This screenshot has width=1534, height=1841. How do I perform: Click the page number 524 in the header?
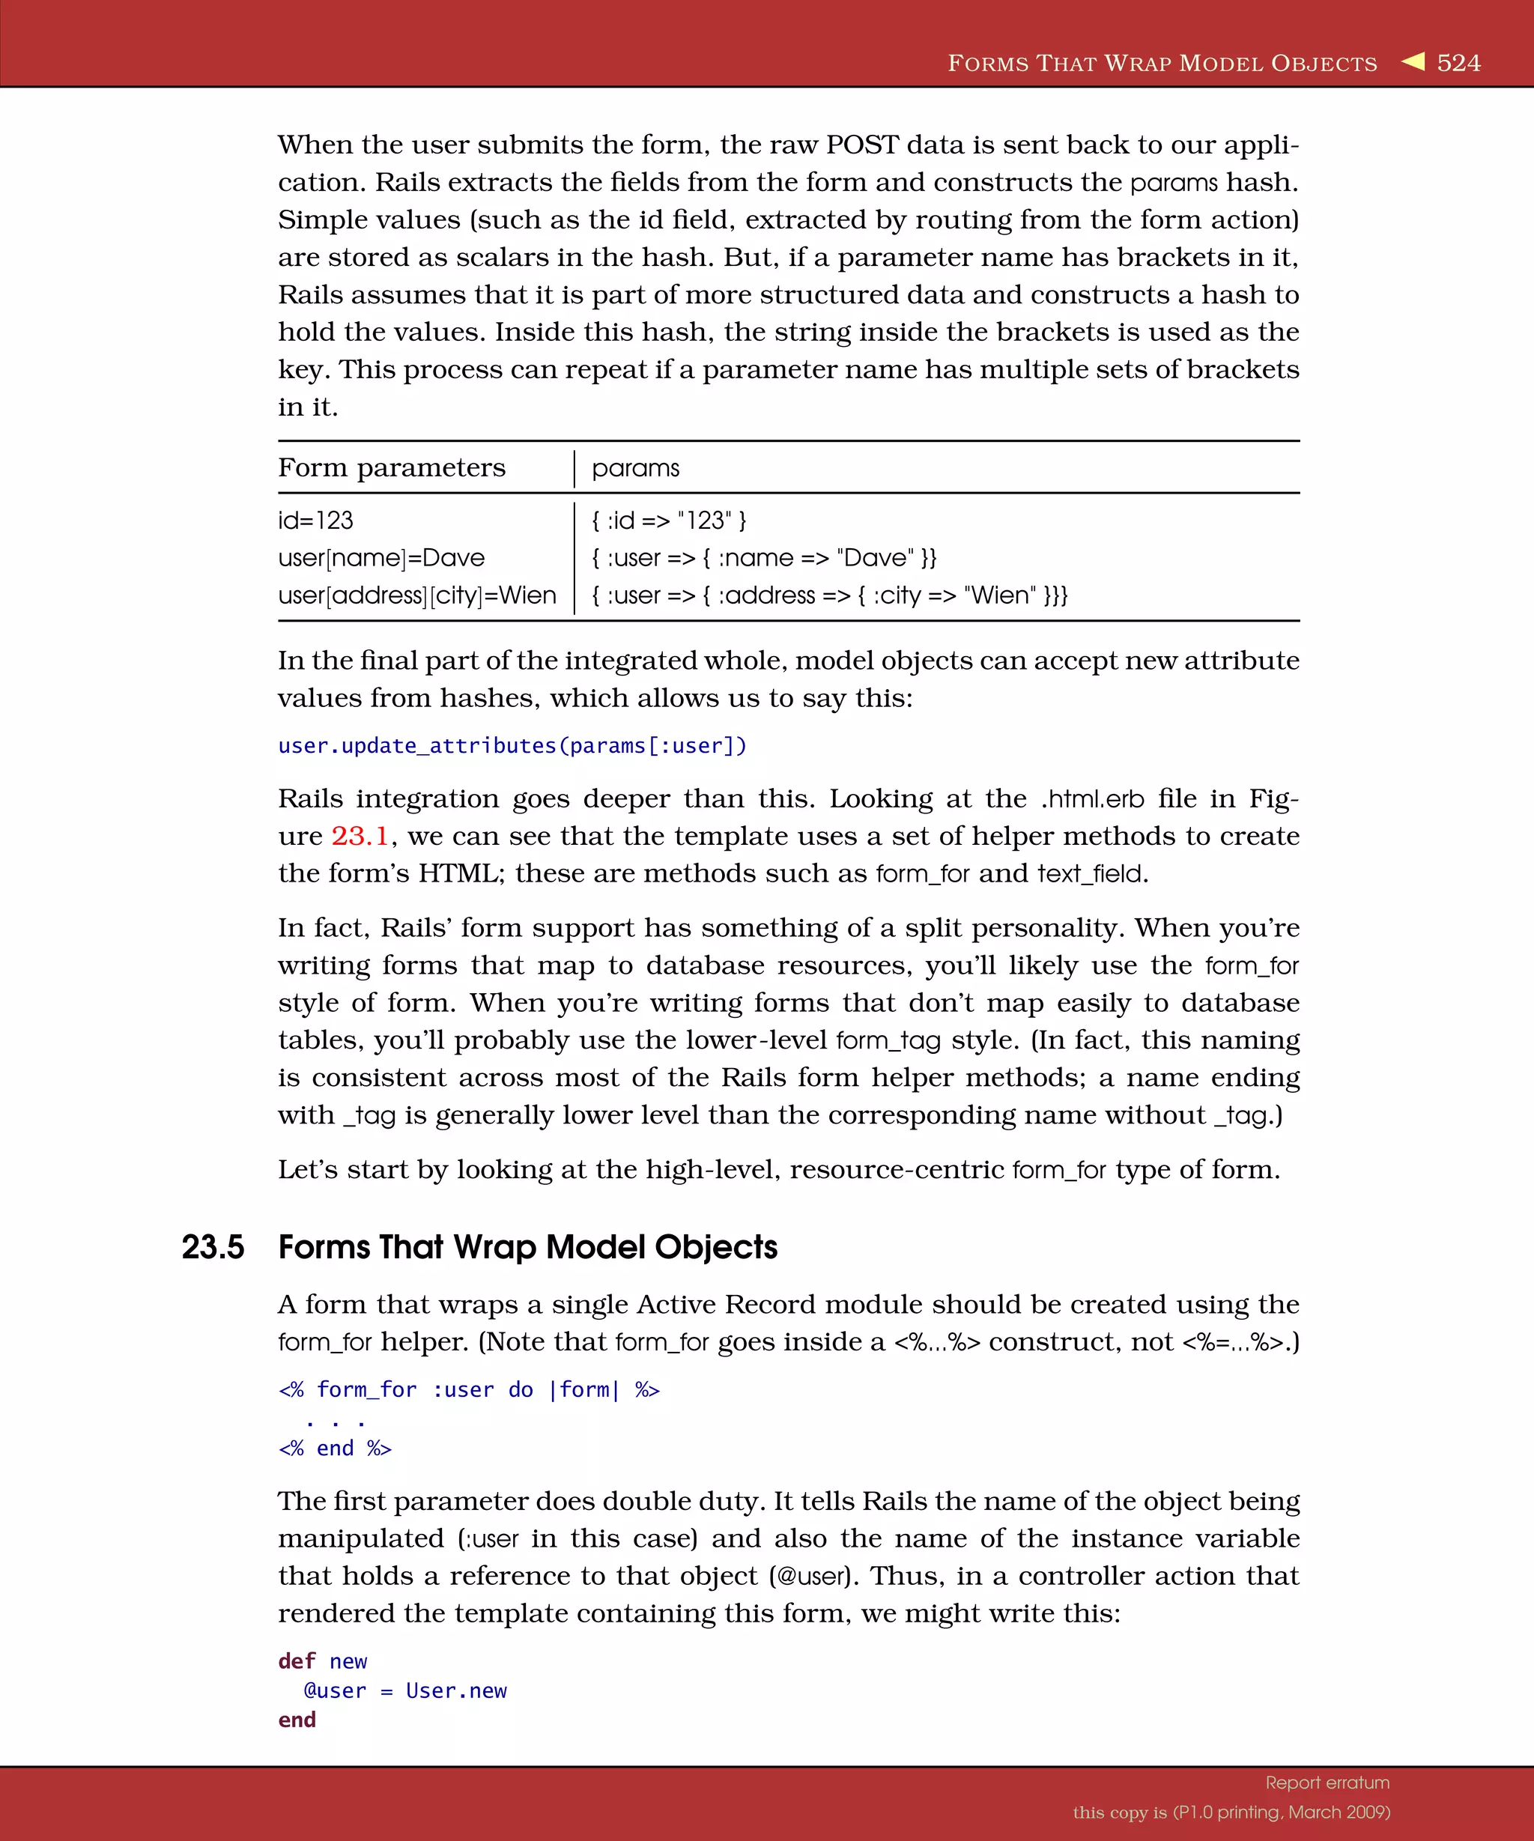point(1458,63)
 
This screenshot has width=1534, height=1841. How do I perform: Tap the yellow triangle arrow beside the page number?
point(1413,61)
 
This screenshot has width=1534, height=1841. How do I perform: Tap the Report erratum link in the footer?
point(1327,1783)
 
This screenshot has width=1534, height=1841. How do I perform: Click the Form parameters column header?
point(392,468)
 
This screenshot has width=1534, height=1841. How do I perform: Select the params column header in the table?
point(635,468)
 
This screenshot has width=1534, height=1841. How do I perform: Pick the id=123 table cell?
point(315,521)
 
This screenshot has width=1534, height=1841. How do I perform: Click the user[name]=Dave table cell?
point(381,559)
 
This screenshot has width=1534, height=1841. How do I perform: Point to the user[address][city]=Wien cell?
point(417,596)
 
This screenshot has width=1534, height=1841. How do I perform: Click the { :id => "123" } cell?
point(669,521)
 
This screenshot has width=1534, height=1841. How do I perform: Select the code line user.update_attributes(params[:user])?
point(512,746)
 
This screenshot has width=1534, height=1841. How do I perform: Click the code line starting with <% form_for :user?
point(469,1390)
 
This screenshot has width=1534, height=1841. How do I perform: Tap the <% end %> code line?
point(335,1449)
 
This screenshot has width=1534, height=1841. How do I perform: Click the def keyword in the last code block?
point(297,1662)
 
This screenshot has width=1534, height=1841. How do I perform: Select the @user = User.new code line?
point(405,1691)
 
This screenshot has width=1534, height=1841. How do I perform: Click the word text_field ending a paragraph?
point(1090,874)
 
